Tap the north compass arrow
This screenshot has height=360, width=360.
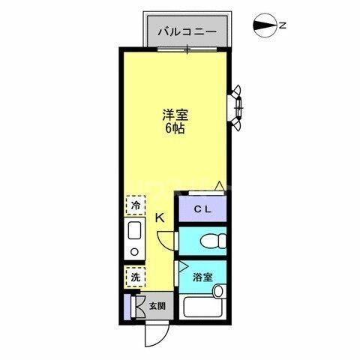(x=265, y=25)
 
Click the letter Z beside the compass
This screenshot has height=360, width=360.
(x=283, y=25)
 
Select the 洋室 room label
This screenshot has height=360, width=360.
(x=175, y=115)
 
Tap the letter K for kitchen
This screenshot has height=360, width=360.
(x=160, y=218)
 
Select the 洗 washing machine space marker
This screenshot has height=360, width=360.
(x=136, y=276)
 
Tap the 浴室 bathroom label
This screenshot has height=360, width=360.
(x=202, y=277)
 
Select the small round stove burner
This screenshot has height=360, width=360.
(x=135, y=251)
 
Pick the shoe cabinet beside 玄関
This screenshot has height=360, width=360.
(x=128, y=306)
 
